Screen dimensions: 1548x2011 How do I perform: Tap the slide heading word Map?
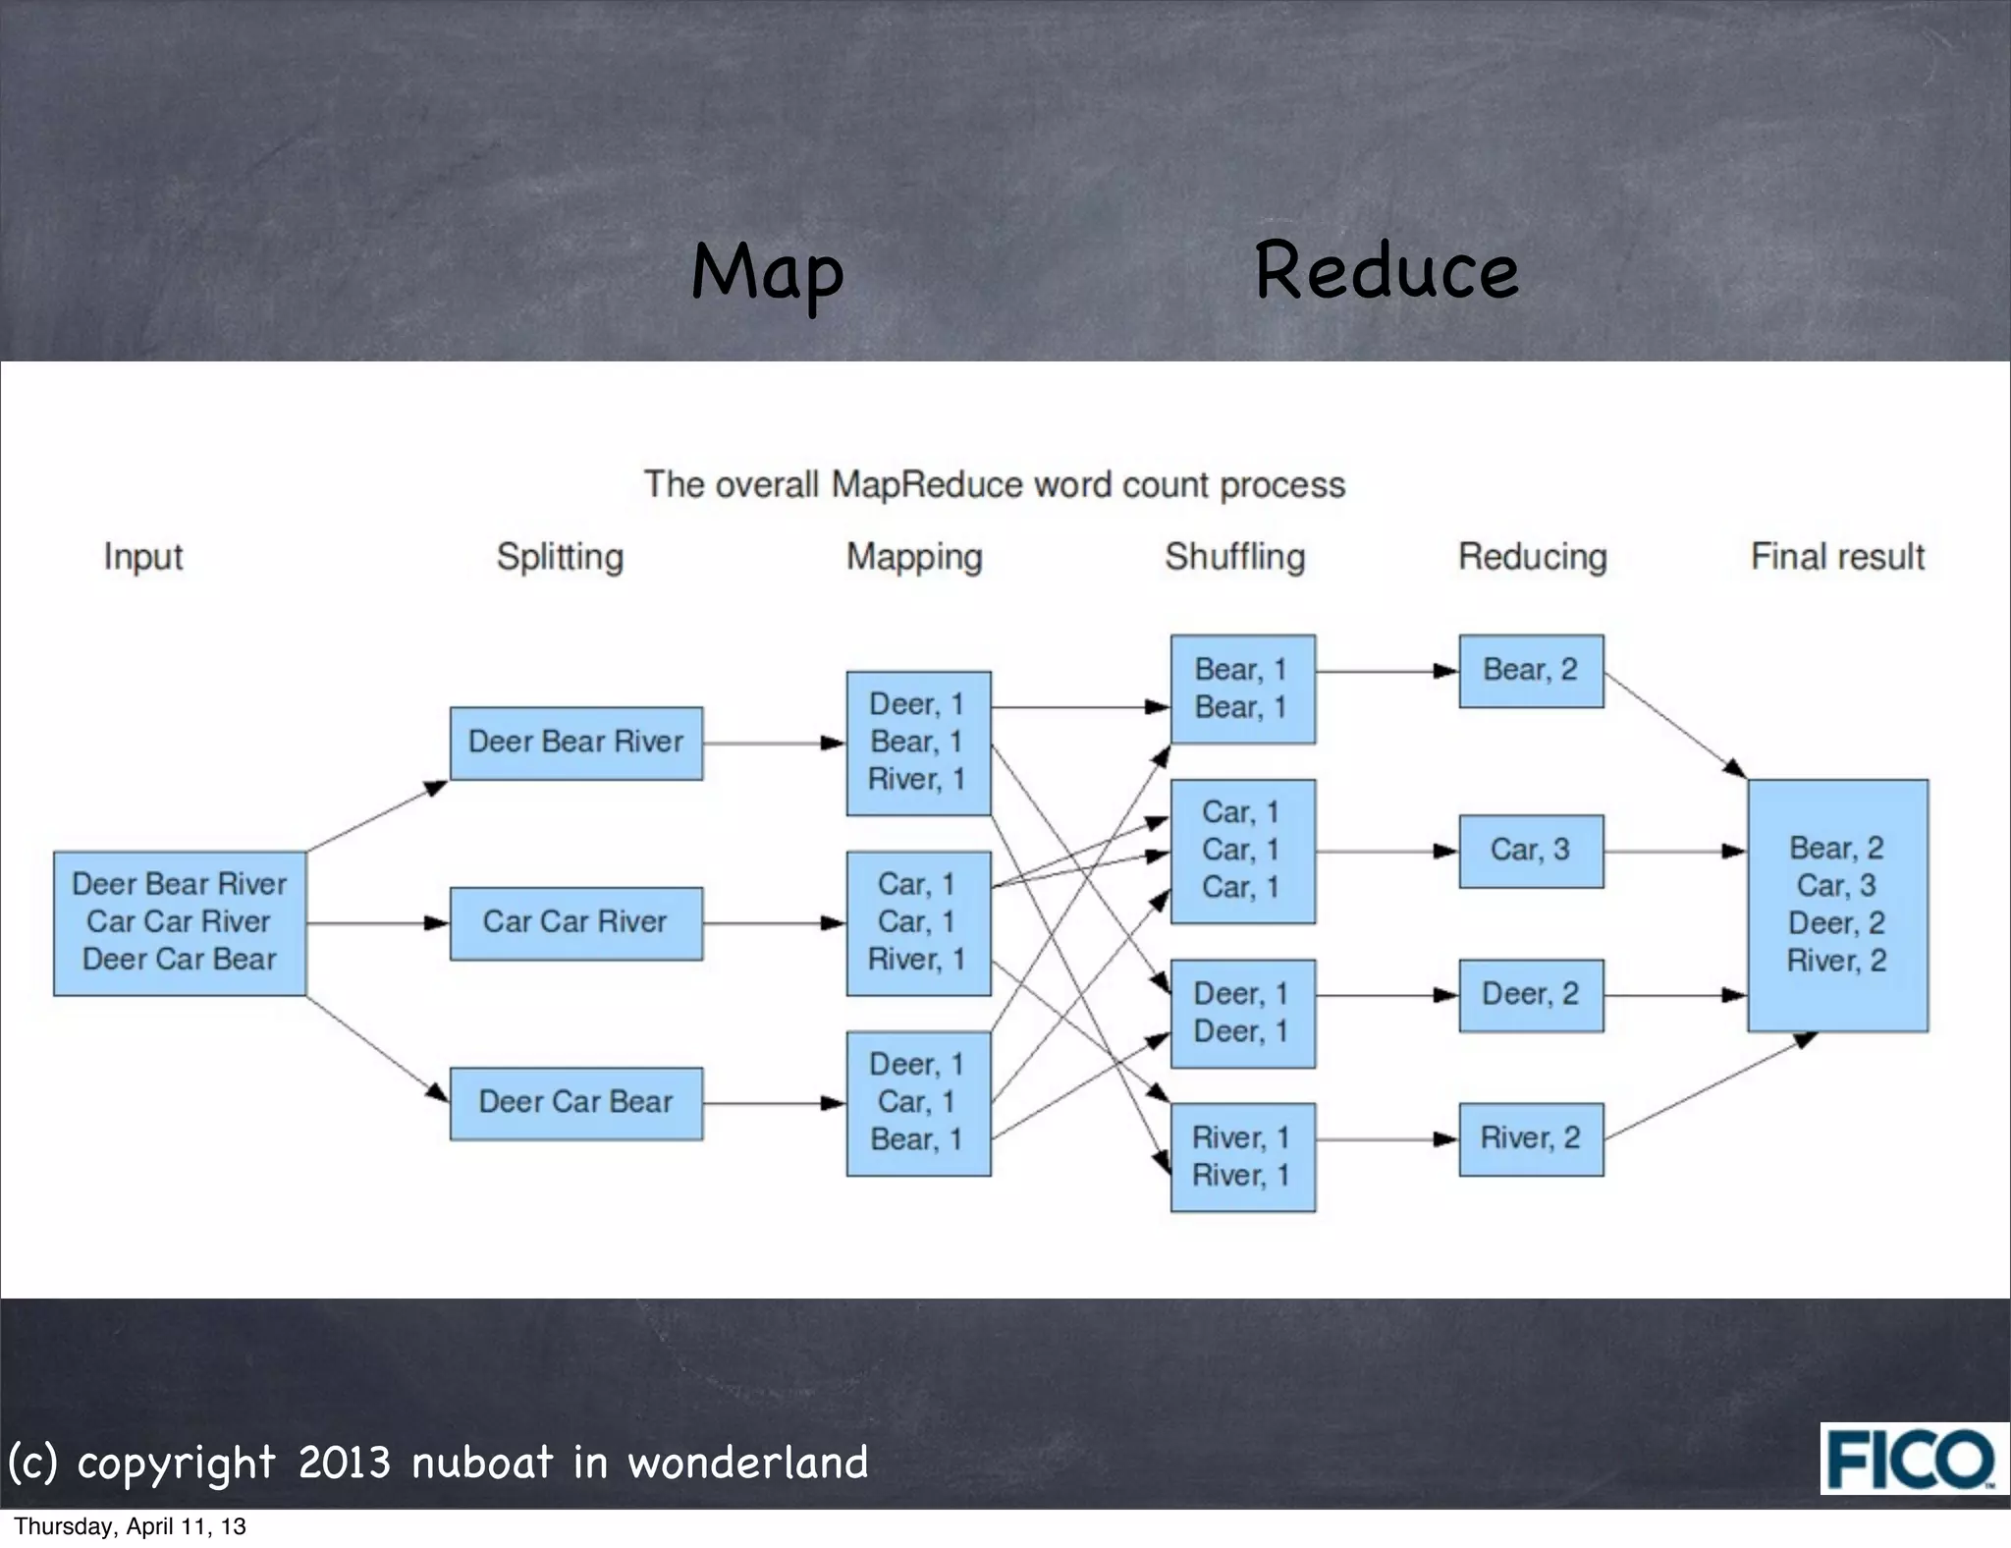767,272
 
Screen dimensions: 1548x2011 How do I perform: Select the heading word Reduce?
1386,270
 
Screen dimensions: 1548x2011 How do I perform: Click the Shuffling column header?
1234,557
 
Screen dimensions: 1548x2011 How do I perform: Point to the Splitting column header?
560,557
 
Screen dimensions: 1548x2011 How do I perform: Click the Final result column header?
1836,557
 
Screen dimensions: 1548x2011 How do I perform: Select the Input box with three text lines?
180,922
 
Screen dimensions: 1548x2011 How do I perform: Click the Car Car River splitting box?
575,922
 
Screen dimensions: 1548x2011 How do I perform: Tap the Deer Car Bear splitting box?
575,1102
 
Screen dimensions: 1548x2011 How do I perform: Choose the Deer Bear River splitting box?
575,743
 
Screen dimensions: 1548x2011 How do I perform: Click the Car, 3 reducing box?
1530,851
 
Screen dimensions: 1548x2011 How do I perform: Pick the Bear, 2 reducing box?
1530,671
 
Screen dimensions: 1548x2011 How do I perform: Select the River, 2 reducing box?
1530,1138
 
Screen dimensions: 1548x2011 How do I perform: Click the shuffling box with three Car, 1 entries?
1242,851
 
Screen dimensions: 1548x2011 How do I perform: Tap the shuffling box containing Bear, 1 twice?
1242,689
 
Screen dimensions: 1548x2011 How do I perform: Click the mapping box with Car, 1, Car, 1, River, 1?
918,922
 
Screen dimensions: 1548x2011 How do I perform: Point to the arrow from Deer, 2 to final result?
1674,995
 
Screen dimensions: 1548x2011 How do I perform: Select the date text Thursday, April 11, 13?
130,1526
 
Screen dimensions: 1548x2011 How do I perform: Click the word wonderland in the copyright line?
747,1464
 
